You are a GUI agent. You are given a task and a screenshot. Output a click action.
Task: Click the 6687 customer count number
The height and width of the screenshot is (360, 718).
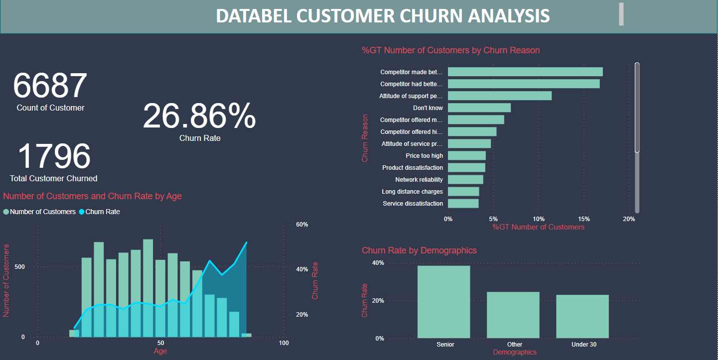[50, 86]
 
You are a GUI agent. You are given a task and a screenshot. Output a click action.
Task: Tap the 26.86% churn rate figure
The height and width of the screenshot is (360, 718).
[199, 117]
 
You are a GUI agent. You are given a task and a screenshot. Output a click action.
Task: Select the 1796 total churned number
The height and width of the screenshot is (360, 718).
[54, 156]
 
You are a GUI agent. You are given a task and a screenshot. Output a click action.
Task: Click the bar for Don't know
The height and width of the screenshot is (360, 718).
[479, 108]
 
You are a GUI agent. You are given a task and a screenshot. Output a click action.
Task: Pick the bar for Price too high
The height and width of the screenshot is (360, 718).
[467, 156]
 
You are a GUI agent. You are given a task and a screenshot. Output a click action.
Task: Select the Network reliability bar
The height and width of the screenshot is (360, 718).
[465, 180]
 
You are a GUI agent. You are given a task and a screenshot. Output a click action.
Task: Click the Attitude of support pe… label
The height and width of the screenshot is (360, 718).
[411, 96]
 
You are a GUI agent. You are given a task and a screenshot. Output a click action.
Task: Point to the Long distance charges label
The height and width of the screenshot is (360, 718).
[412, 192]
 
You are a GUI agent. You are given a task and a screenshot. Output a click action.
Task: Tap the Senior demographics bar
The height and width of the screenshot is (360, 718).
[443, 302]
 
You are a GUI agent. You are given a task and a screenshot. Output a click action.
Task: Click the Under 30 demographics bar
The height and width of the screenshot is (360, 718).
[582, 316]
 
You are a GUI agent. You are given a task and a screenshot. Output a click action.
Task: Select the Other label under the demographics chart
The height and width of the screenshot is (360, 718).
[515, 345]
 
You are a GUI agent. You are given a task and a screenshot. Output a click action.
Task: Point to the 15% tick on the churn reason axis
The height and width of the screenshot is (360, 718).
[584, 219]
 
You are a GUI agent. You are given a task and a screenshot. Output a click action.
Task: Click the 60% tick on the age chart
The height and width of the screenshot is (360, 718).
[302, 225]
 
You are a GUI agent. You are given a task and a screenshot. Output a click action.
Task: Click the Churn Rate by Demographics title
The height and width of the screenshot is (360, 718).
[419, 250]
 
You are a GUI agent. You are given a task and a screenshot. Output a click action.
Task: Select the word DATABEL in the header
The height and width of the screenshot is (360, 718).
[254, 16]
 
